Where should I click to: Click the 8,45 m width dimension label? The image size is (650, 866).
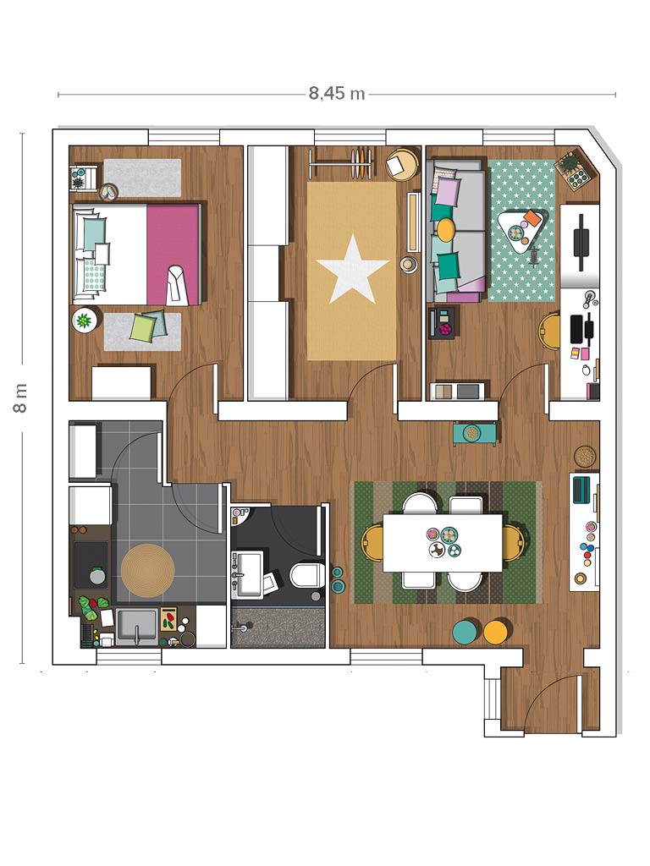[337, 93]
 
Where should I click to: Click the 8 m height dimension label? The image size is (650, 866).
[20, 398]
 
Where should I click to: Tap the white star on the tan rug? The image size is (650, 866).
[352, 268]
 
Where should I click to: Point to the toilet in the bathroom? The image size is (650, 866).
[306, 575]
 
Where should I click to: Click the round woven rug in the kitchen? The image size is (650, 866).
[147, 571]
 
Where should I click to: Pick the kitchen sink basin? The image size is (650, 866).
[136, 626]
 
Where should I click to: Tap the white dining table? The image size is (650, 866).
[443, 543]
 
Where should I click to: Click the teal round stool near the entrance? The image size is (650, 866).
[466, 632]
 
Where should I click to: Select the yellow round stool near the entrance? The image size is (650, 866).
[496, 632]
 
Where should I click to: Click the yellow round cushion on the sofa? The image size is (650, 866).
[445, 227]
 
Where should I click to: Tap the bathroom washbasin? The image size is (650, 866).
[246, 573]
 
